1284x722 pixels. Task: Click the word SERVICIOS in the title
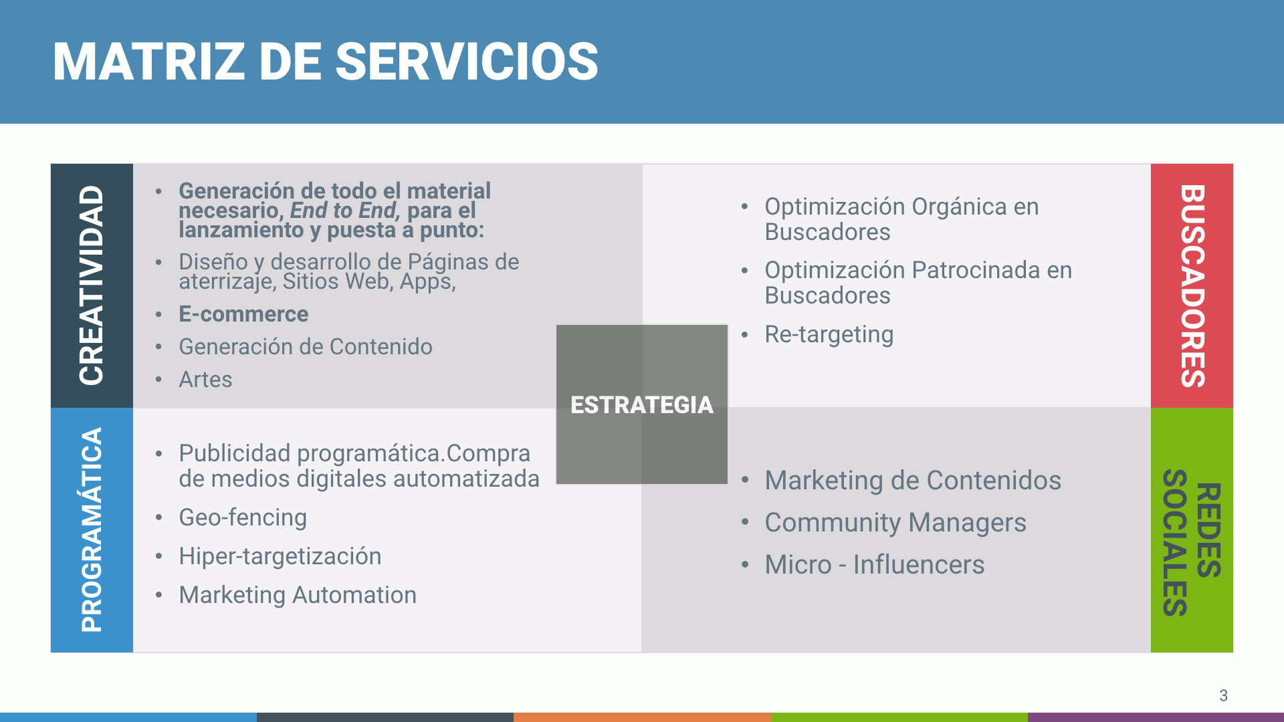coord(466,62)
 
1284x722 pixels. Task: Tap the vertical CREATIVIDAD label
coord(92,285)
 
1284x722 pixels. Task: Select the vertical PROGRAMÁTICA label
coord(92,529)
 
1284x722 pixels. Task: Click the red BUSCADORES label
coord(1192,285)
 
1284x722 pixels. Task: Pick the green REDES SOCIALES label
coord(1192,541)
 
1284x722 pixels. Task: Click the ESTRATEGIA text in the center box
coord(641,405)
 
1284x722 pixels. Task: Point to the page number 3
coord(1223,695)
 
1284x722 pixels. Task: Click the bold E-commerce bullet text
coord(243,314)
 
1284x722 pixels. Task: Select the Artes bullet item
coord(205,380)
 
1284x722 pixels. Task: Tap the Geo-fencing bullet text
coord(243,517)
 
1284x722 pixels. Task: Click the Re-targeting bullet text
coord(829,334)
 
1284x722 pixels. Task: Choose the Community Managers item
coord(895,523)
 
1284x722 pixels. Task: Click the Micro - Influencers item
coord(874,565)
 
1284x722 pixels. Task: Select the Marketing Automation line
coord(298,595)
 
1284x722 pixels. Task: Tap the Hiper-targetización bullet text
coord(280,556)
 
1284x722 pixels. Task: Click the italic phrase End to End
coord(344,211)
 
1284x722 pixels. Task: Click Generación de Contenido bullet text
coord(305,347)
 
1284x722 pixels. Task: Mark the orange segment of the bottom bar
coord(642,717)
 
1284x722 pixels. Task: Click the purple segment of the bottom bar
coord(1156,717)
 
